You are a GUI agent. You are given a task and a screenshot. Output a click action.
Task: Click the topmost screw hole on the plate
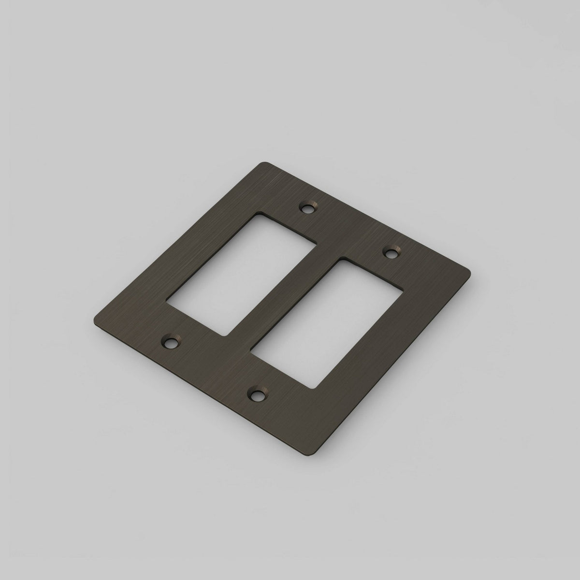click(x=306, y=209)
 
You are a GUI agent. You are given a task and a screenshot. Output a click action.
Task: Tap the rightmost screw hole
click(x=391, y=251)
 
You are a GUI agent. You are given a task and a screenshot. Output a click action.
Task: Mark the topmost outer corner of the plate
click(x=265, y=163)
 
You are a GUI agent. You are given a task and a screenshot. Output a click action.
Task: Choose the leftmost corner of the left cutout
click(x=167, y=304)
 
